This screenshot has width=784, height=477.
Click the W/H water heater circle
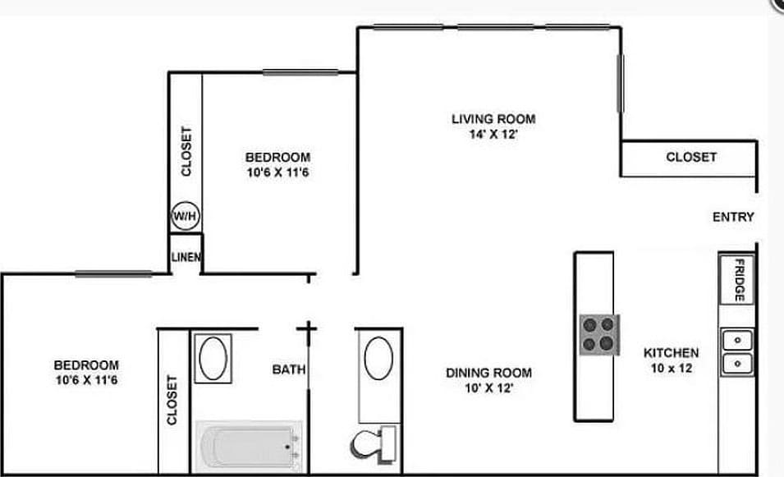tap(185, 217)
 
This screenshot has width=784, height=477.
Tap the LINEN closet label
tap(186, 257)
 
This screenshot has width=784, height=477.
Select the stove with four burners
tap(598, 334)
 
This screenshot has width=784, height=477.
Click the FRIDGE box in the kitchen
tap(737, 280)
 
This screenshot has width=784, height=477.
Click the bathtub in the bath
tap(248, 446)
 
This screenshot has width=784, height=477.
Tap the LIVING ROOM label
tap(493, 119)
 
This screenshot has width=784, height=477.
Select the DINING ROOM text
tap(488, 373)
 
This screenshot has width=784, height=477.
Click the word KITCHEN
tap(671, 353)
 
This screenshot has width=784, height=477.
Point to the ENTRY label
tap(732, 218)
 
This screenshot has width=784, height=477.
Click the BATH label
tap(288, 370)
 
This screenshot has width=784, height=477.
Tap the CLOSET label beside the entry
tap(690, 157)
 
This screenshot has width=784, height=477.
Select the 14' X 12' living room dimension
tap(493, 135)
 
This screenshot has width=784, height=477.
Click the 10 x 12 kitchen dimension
tap(671, 369)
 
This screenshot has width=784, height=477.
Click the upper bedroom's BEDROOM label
tap(278, 157)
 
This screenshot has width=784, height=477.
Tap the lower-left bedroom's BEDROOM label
tap(86, 365)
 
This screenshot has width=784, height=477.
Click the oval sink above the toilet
tap(378, 357)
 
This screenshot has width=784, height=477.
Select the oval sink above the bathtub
tap(213, 358)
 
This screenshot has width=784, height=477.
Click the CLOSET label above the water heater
tap(186, 151)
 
